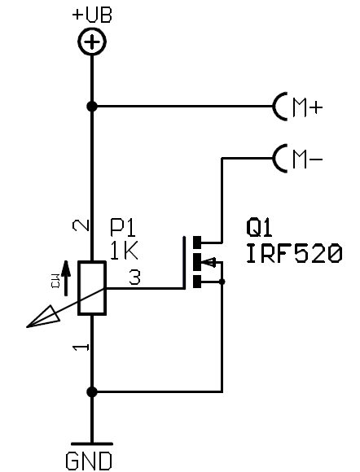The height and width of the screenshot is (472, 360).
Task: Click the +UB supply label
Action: click(92, 15)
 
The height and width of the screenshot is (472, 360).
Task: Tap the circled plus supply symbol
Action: click(92, 42)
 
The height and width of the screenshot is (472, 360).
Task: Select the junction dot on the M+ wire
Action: click(92, 107)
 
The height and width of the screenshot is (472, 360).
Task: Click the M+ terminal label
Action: click(307, 107)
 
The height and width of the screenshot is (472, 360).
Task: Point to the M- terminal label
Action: click(307, 160)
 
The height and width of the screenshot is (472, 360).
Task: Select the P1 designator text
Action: click(123, 228)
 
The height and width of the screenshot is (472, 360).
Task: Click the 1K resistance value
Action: click(124, 251)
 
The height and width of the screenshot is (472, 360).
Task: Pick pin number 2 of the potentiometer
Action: click(81, 225)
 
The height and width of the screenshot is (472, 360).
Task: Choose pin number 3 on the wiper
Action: click(134, 278)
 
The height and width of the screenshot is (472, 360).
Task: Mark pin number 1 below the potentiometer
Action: click(81, 347)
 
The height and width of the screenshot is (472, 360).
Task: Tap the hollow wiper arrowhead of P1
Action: click(44, 317)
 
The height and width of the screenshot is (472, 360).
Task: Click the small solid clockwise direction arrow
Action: click(66, 278)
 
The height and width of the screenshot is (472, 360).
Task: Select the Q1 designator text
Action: click(259, 228)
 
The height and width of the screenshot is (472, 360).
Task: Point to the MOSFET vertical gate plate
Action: click(184, 263)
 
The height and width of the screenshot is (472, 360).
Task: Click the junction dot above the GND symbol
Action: click(92, 392)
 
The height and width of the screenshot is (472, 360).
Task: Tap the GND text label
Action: click(89, 461)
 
